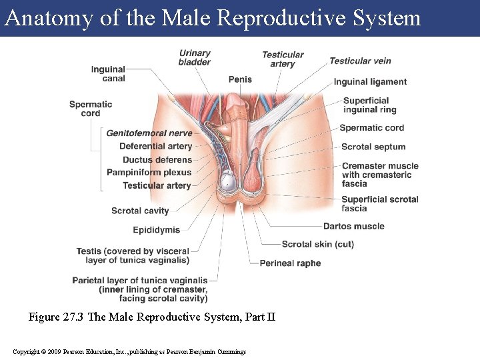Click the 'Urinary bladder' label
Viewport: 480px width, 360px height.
(195, 58)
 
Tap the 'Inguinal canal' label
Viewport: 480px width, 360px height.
(108, 74)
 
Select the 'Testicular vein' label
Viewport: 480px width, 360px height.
(360, 61)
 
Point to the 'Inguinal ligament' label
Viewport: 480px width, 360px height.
(370, 82)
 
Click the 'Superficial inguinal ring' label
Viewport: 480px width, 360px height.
(369, 105)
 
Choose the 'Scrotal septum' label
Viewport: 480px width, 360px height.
(373, 147)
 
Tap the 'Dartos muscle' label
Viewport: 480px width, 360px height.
(354, 226)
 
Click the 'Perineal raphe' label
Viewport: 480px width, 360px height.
(290, 263)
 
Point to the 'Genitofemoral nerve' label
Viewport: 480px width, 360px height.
(149, 133)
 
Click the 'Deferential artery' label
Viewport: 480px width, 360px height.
(155, 147)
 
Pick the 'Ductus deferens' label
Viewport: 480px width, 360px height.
(157, 160)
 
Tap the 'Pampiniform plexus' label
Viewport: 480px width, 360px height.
(149, 173)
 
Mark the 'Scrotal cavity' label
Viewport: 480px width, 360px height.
(140, 211)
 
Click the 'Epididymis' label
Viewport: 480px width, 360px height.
(156, 230)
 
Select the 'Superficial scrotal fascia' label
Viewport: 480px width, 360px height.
(380, 203)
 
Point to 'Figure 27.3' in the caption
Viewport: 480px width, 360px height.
(56, 317)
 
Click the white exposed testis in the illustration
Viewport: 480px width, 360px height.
(228, 181)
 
